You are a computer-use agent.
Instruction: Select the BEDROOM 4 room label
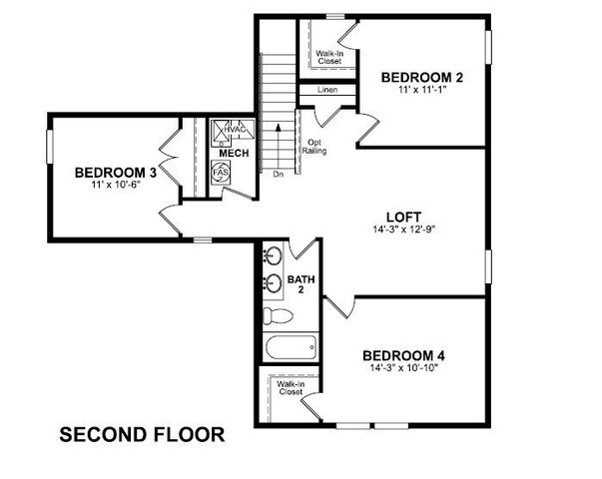tap(403, 355)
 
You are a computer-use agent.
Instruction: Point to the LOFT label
tap(405, 217)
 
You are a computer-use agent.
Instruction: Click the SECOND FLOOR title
tap(143, 435)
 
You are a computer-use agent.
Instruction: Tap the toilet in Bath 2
tap(281, 316)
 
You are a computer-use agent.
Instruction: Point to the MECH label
tap(234, 154)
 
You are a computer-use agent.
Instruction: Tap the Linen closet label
tap(327, 91)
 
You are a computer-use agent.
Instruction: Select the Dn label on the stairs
tap(278, 175)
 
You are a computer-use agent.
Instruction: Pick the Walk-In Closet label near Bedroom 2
tap(329, 57)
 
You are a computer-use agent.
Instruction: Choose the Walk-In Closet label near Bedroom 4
tap(290, 387)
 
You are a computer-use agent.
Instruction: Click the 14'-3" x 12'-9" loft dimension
tap(404, 230)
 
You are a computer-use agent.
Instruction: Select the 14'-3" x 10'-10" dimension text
tap(403, 367)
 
